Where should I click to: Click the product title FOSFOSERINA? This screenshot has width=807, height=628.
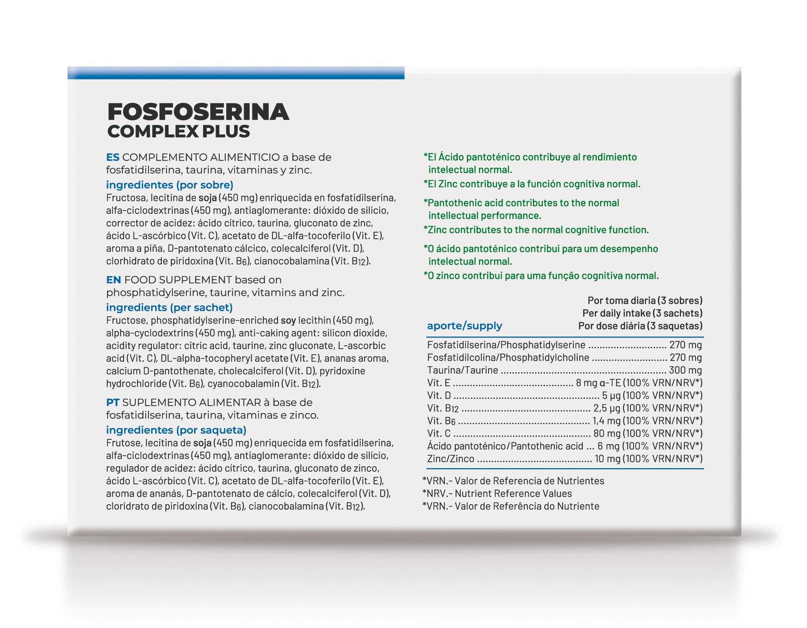(198, 112)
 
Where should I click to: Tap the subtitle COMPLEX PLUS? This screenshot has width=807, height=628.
(178, 131)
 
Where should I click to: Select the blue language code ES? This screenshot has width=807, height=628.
(113, 157)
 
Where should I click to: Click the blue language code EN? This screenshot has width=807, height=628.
(113, 280)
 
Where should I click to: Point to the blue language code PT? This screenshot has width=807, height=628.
(113, 402)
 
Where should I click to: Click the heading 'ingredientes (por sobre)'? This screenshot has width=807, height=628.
(170, 185)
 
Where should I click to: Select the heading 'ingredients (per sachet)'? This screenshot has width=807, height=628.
(169, 307)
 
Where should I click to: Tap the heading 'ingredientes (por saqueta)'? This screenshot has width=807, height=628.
(176, 430)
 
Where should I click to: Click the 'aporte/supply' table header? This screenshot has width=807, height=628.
(464, 325)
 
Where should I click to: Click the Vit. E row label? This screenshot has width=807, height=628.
(438, 383)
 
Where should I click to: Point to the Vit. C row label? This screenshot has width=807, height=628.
(439, 433)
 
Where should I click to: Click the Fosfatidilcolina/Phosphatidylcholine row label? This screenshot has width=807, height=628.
(508, 357)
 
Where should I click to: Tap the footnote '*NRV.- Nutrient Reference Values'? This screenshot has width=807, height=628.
(497, 493)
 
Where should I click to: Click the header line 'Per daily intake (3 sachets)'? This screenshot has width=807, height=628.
(642, 313)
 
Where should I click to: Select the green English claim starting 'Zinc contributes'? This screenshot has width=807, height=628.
(536, 230)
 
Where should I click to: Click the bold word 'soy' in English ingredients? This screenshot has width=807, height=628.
(288, 320)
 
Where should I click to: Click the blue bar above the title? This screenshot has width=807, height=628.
(236, 73)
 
